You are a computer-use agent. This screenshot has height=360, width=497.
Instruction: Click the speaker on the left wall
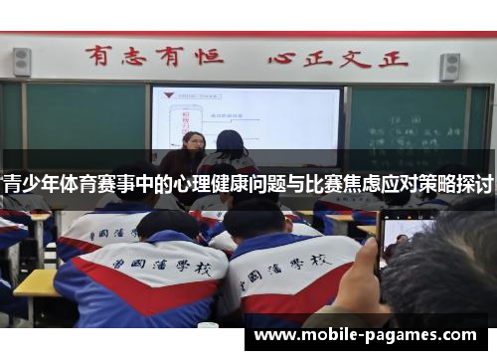click(22, 62)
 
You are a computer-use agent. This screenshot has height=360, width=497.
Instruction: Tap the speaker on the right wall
click(450, 66)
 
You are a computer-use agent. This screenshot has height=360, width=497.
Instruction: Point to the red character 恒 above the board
click(208, 56)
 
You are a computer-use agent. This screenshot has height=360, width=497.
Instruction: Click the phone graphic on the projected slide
click(185, 118)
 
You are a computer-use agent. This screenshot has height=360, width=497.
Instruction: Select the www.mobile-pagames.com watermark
click(367, 336)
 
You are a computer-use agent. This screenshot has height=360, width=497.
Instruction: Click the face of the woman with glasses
click(194, 145)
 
